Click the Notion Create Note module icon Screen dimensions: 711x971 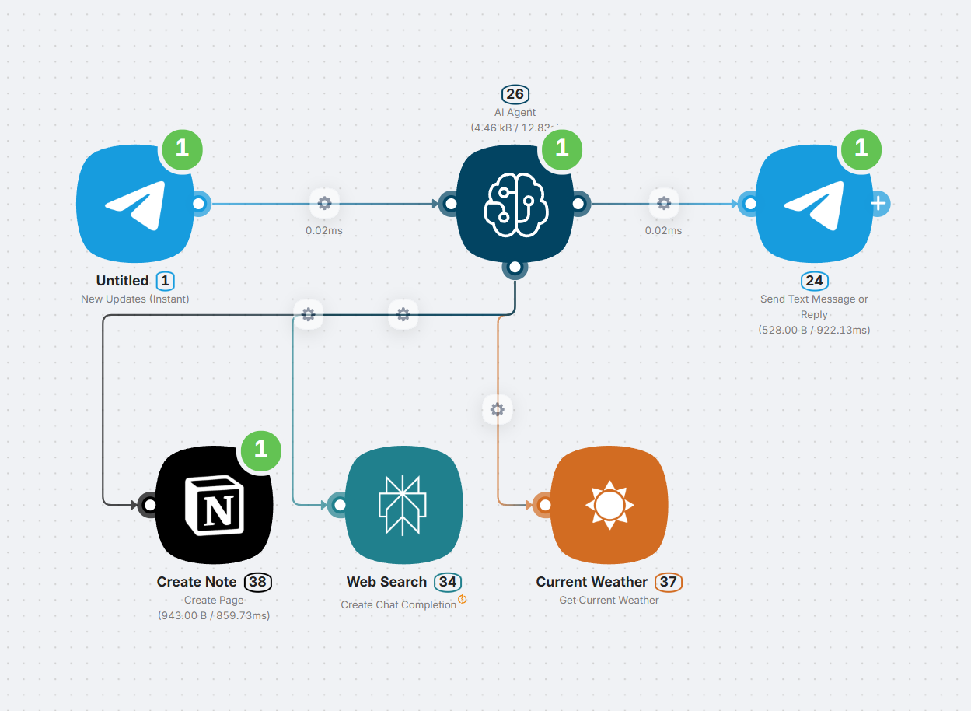(214, 506)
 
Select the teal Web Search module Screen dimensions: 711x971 (403, 506)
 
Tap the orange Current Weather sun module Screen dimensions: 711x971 (609, 506)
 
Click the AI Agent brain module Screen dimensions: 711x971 (515, 204)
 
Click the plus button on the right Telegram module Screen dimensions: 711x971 (878, 204)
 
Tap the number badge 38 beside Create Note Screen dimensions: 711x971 (258, 582)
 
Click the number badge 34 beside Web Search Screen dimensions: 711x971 (447, 582)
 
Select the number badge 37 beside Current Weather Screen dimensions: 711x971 (668, 582)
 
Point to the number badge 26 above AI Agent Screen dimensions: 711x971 (515, 95)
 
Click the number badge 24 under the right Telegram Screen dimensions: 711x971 (814, 281)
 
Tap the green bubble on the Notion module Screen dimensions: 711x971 (260, 449)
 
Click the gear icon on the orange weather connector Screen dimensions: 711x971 (498, 409)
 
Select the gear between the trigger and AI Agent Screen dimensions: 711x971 (324, 204)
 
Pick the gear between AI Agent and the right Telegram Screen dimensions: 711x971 (663, 204)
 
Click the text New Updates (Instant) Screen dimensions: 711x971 (135, 299)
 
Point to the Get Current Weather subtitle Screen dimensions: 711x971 (609, 600)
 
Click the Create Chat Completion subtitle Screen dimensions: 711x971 (399, 604)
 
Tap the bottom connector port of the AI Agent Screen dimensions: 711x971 (515, 268)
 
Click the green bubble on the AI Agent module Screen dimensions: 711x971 (561, 148)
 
